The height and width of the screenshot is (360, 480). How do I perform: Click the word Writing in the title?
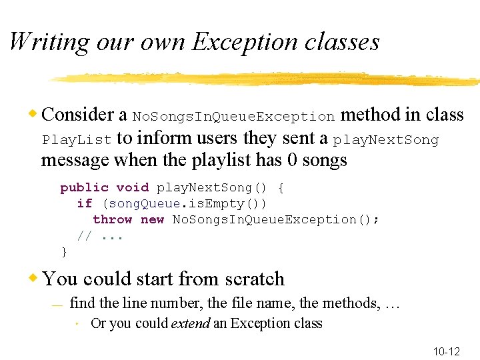(x=48, y=42)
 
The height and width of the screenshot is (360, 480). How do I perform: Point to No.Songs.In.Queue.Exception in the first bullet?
(x=233, y=117)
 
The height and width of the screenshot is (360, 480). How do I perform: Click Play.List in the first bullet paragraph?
(x=77, y=141)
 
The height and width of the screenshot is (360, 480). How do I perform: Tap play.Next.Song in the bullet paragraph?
(x=386, y=141)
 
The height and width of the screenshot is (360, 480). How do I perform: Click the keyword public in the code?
(x=84, y=188)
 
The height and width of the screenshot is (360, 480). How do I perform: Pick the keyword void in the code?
(x=132, y=188)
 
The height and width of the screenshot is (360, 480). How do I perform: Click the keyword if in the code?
(x=85, y=204)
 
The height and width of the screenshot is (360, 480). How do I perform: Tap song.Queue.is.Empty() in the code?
(x=183, y=204)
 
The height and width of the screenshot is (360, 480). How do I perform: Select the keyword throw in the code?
(x=113, y=220)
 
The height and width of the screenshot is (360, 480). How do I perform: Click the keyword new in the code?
(x=153, y=220)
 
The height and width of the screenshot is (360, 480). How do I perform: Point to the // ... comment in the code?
(x=100, y=236)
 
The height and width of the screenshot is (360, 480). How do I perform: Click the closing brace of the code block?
(x=64, y=252)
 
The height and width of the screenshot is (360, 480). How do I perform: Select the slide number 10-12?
(x=447, y=351)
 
